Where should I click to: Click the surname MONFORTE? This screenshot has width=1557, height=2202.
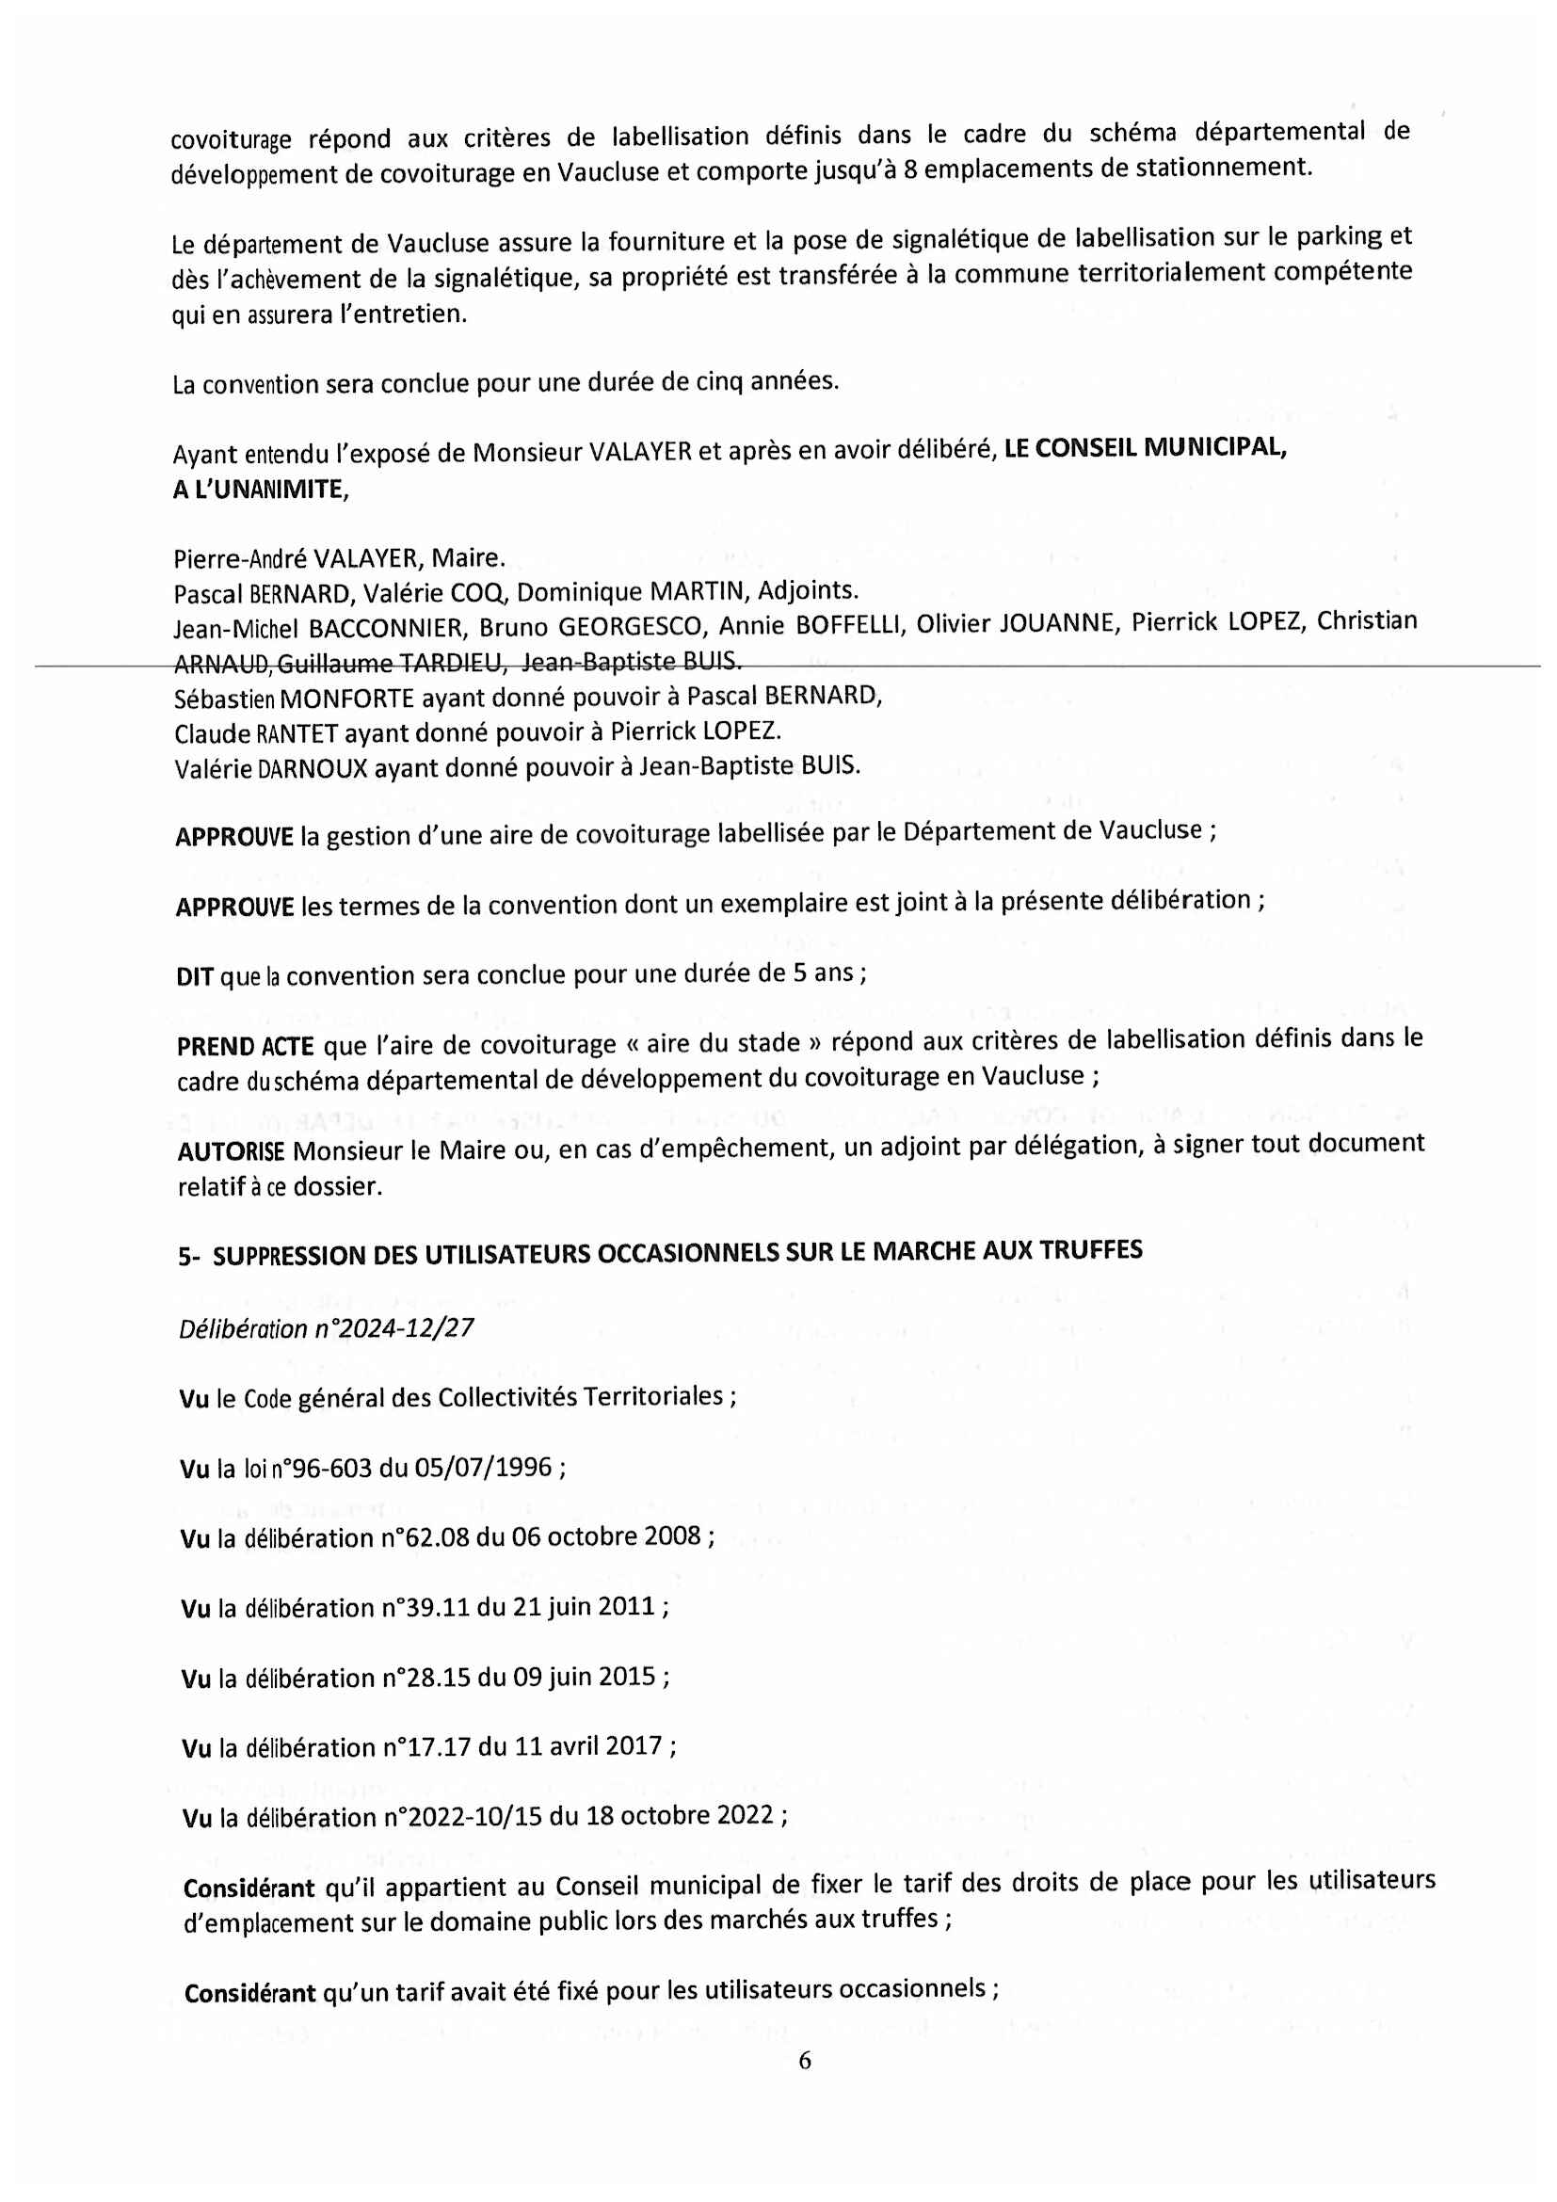[347, 699]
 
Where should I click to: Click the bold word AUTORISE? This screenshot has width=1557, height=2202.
[231, 1150]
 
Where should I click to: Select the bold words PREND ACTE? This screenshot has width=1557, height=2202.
[245, 1046]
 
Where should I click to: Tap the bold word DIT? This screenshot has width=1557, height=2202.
[195, 977]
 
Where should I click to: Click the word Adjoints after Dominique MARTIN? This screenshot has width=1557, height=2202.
[807, 590]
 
